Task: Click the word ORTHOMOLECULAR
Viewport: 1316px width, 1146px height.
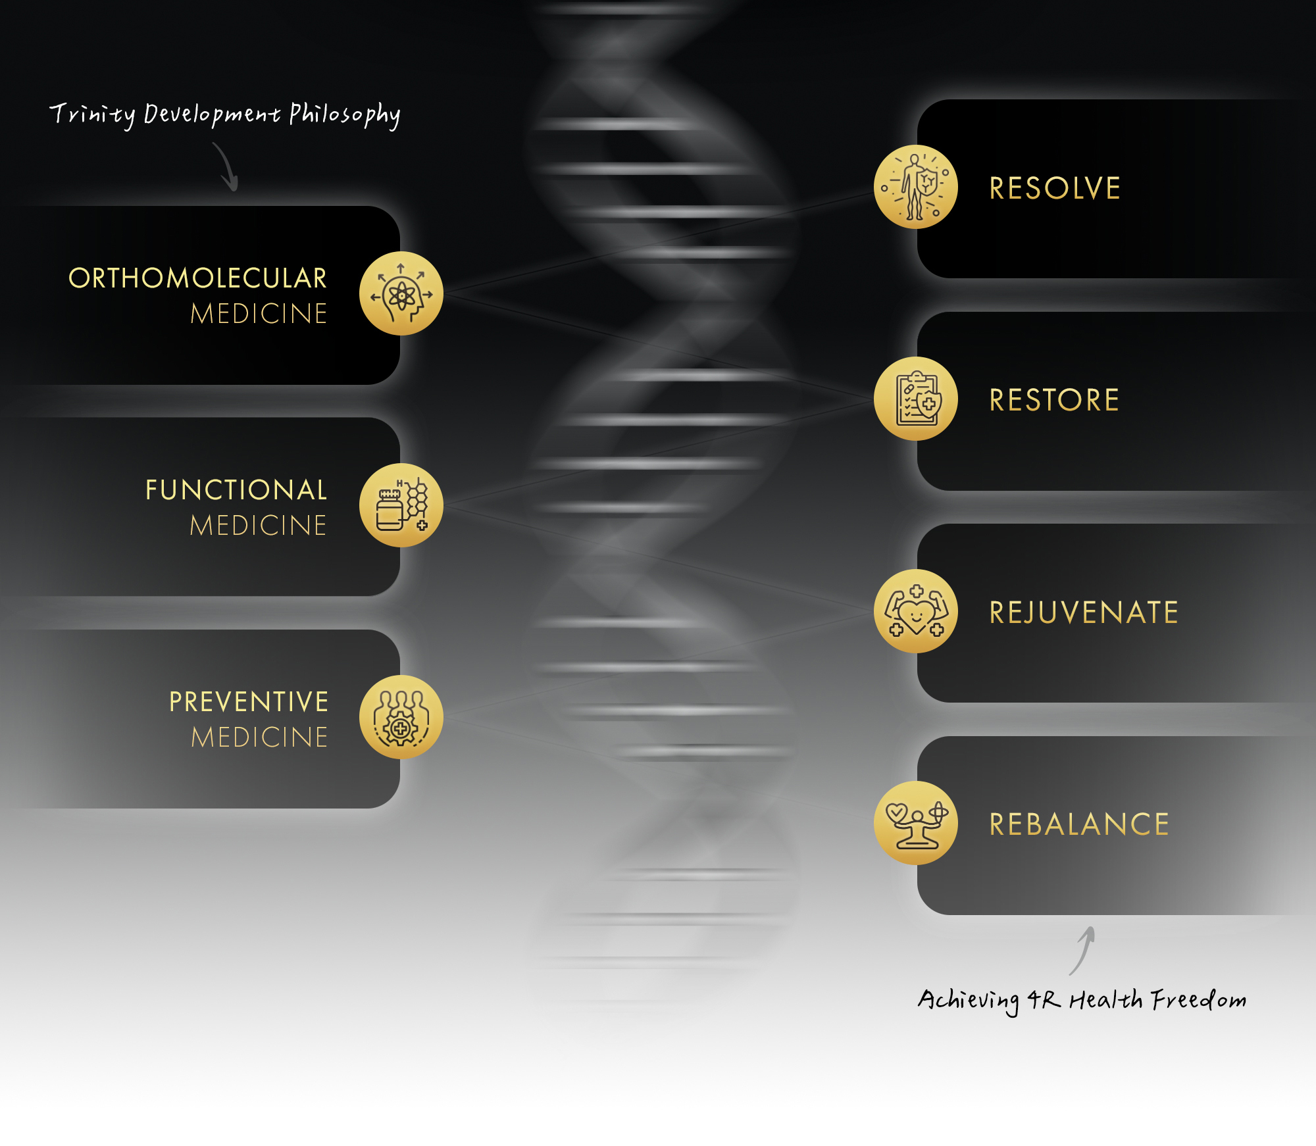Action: [x=197, y=278]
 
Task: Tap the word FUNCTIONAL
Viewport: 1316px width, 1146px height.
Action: [x=236, y=490]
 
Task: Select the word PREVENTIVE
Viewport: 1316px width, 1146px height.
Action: [x=249, y=702]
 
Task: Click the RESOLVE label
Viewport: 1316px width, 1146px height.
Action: [x=1055, y=188]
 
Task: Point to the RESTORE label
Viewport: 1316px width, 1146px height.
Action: [x=1054, y=400]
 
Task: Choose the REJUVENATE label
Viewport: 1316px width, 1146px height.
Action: [x=1084, y=612]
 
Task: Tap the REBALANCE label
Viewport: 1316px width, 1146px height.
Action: [x=1079, y=824]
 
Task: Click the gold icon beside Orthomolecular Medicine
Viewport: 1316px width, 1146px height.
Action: [x=401, y=293]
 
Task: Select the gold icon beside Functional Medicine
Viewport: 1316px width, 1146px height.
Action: [x=401, y=505]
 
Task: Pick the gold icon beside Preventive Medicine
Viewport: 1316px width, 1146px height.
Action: [x=401, y=717]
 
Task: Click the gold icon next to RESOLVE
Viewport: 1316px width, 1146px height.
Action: [x=916, y=187]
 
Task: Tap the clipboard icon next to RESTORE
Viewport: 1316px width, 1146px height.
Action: [x=916, y=399]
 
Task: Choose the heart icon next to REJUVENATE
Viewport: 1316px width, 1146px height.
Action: [x=916, y=611]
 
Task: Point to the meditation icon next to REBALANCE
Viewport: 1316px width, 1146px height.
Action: [x=916, y=823]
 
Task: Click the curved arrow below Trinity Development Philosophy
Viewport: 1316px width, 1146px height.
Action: [x=228, y=166]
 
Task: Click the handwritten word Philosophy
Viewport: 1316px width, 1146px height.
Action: [x=345, y=114]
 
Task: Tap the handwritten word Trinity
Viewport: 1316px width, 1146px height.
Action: [x=93, y=115]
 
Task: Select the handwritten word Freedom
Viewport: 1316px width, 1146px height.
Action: [x=1198, y=999]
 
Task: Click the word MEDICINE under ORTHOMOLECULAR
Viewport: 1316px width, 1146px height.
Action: [x=259, y=314]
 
